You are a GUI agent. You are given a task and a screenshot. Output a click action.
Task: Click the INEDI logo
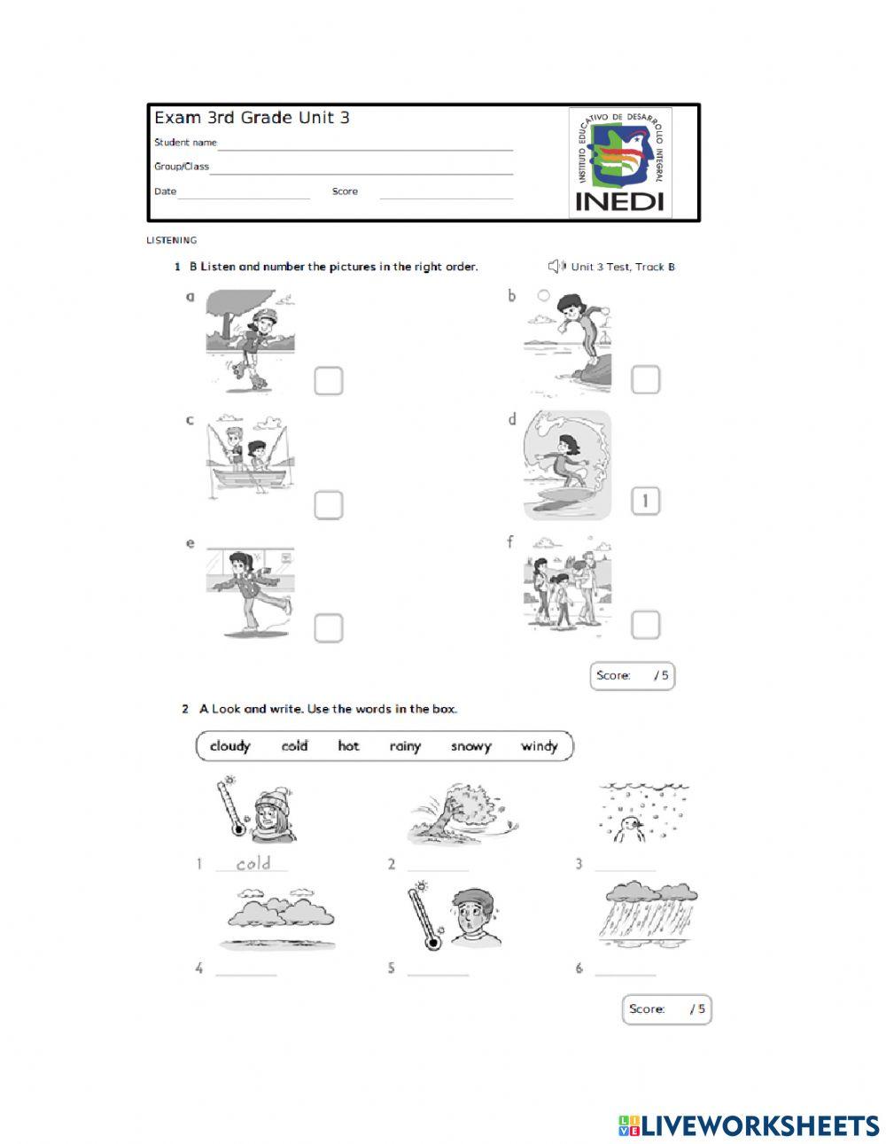(619, 163)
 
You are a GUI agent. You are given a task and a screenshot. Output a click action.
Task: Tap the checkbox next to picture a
(328, 381)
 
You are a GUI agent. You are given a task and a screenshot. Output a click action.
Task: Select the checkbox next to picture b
(645, 379)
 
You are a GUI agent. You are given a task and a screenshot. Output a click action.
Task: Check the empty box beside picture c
(328, 505)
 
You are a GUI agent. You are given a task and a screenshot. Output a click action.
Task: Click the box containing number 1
(645, 502)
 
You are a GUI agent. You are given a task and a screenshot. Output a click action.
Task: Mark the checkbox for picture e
(328, 627)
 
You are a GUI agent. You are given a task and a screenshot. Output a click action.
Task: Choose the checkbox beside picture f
(645, 625)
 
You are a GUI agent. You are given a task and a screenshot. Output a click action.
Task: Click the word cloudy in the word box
(230, 746)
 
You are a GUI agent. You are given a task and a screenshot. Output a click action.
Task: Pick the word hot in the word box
(348, 746)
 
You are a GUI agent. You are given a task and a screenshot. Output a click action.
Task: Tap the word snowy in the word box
(470, 746)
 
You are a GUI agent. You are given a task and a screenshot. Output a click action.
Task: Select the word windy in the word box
(539, 746)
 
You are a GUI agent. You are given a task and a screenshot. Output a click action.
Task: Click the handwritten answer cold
(253, 863)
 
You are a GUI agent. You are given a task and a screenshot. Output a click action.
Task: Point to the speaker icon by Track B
(556, 266)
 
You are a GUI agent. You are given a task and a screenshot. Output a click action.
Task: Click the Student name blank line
(365, 145)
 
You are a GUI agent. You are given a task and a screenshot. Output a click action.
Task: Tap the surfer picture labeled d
(567, 465)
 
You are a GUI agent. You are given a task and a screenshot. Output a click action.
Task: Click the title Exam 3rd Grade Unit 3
(252, 118)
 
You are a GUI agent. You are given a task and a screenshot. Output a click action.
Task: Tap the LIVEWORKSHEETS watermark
(749, 1125)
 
